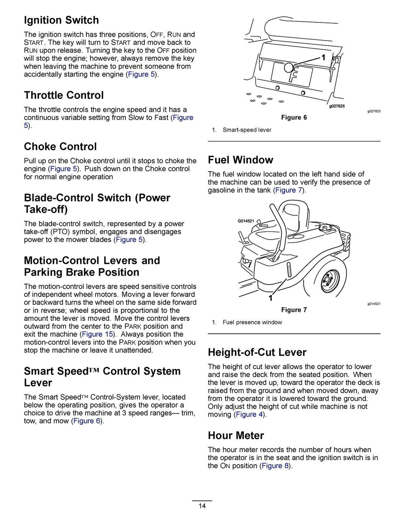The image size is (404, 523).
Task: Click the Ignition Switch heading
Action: (61, 20)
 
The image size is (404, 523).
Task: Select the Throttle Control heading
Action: (64, 95)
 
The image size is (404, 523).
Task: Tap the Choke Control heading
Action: (60, 146)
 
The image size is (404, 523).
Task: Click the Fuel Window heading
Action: (240, 160)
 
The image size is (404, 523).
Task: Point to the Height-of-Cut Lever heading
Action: (257, 352)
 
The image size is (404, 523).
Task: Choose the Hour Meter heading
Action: (236, 435)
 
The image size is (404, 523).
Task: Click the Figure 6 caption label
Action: (294, 118)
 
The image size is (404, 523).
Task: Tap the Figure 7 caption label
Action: (294, 310)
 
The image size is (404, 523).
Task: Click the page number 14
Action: (202, 506)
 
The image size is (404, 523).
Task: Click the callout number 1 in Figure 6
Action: (323, 58)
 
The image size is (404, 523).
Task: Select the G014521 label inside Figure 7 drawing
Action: (246, 221)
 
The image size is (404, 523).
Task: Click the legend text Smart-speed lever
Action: (247, 130)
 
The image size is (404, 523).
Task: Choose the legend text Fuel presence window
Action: (252, 322)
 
